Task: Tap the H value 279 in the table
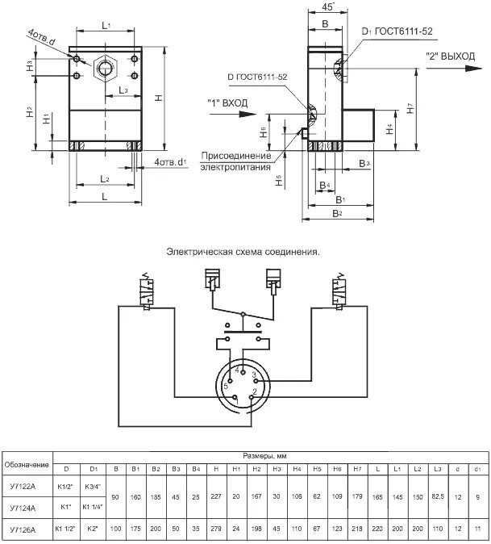(x=215, y=529)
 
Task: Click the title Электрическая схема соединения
(x=243, y=251)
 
